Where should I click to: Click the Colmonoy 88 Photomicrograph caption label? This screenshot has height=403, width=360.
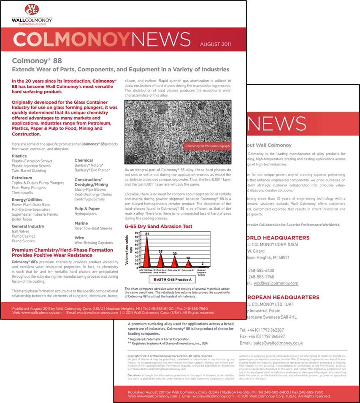pyautogui.click(x=207, y=146)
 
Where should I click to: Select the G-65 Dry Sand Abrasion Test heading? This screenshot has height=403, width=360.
pyautogui.click(x=159, y=226)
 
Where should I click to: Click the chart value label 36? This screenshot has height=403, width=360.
pyautogui.click(x=160, y=252)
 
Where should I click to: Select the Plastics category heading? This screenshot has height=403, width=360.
pyautogui.click(x=19, y=156)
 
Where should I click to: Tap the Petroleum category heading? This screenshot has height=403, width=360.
pyautogui.click(x=22, y=178)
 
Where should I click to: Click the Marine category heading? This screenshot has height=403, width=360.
pyautogui.click(x=81, y=223)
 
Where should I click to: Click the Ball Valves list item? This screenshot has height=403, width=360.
pyautogui.click(x=21, y=231)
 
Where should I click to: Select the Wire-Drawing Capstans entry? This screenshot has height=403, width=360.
pyautogui.click(x=94, y=243)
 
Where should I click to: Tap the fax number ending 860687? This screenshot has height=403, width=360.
pyautogui.click(x=262, y=336)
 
